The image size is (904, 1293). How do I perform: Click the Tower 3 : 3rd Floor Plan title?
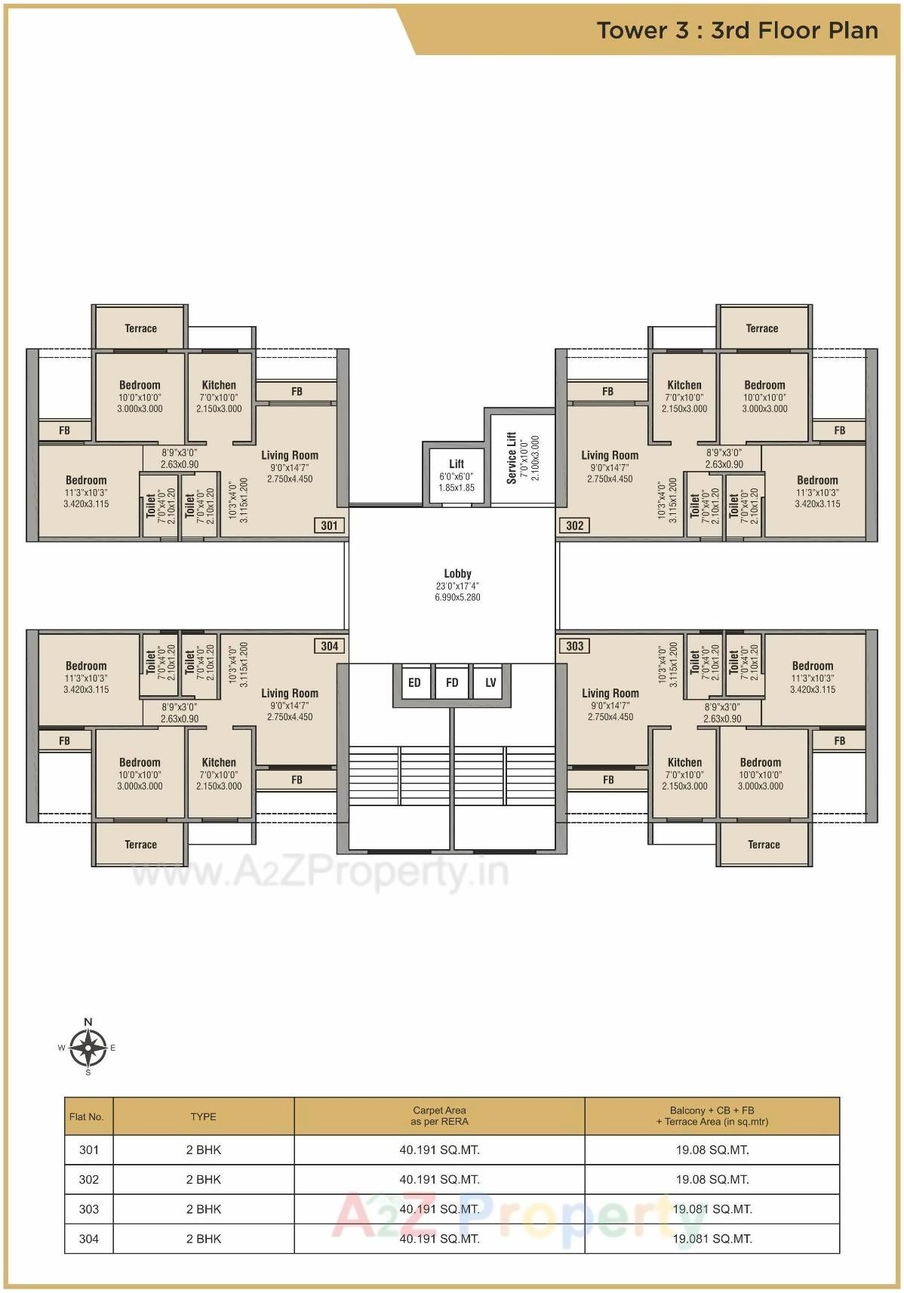[x=737, y=30]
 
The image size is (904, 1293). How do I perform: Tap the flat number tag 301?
[x=329, y=525]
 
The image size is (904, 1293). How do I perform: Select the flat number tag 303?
[x=574, y=646]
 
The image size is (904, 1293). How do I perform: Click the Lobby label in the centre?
[x=457, y=574]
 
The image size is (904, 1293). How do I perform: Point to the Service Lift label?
[x=512, y=457]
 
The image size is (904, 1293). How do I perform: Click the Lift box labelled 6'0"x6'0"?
[x=457, y=475]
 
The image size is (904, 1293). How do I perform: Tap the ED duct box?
[x=414, y=682]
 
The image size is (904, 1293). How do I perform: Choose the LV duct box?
[x=490, y=682]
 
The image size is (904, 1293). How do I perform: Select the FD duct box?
[x=452, y=682]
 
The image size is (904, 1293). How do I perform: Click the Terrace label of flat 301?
[x=140, y=328]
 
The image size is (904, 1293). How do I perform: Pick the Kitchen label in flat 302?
[x=684, y=385]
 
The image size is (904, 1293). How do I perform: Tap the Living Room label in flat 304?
[x=290, y=693]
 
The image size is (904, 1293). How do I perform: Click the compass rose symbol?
[x=88, y=1048]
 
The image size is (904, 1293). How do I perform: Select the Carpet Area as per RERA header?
[x=439, y=1116]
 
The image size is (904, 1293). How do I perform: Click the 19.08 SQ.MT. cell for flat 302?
[x=712, y=1179]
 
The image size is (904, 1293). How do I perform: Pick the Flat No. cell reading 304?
[x=89, y=1238]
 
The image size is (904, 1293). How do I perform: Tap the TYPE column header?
[x=203, y=1116]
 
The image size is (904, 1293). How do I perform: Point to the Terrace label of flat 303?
[x=764, y=845]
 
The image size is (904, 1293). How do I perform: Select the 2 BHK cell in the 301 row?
[x=203, y=1150]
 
